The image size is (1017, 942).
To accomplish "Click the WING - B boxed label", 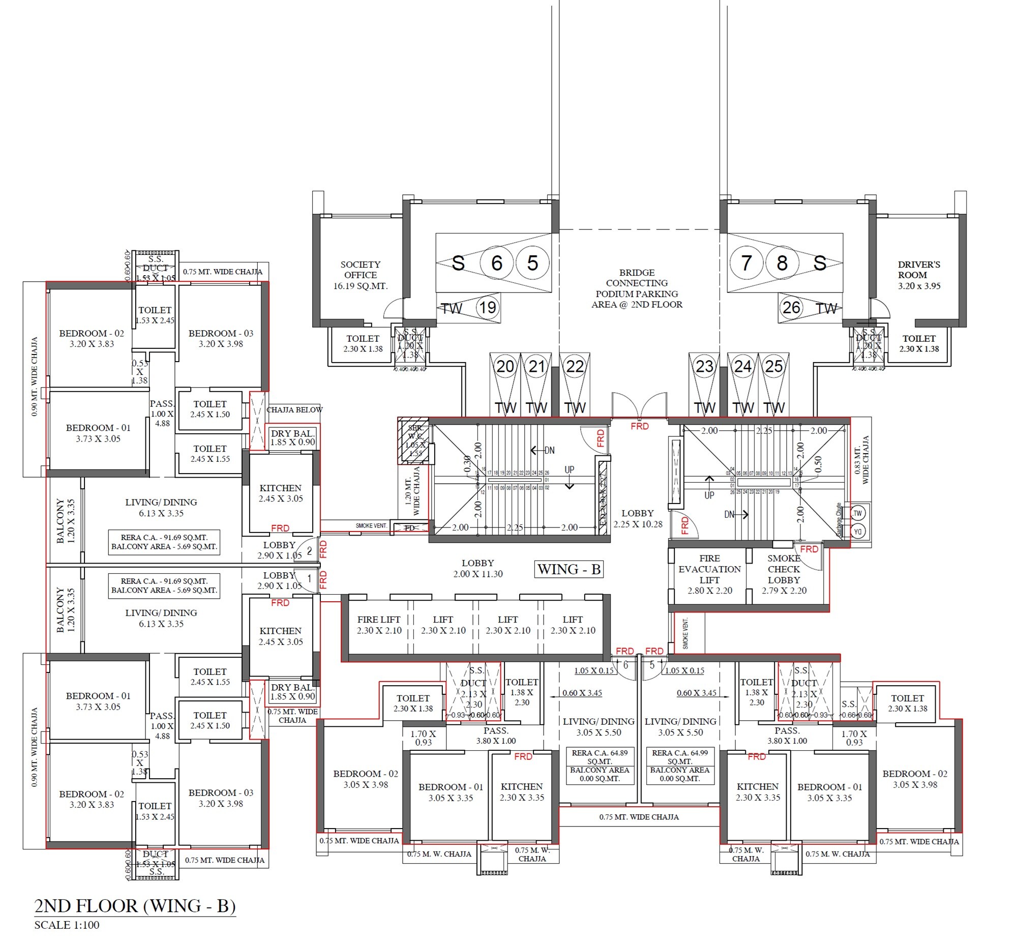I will [x=569, y=569].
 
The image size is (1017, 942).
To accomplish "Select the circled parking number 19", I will [x=487, y=307].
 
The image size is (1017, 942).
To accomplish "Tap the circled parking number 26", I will [x=791, y=307].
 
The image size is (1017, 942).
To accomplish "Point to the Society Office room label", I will [x=360, y=275].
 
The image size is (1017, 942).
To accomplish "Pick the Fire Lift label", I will [x=378, y=625].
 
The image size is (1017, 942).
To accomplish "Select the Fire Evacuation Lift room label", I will [x=709, y=574].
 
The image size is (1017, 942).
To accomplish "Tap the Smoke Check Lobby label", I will [x=784, y=574].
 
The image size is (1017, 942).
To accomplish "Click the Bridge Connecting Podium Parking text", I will [x=637, y=288].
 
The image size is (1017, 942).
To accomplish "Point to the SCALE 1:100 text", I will [x=67, y=925].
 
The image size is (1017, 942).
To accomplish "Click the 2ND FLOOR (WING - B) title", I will [x=135, y=906].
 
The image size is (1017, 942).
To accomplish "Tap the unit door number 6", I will [x=625, y=665].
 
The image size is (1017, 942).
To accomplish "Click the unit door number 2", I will [x=309, y=551].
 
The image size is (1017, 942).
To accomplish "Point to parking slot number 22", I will [x=575, y=366].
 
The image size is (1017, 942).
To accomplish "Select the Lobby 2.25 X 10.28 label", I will [x=638, y=518].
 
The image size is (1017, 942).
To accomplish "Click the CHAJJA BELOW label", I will [x=294, y=410].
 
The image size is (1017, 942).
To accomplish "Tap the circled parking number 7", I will [x=746, y=263].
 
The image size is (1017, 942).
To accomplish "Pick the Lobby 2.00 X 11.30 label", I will [x=477, y=568].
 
